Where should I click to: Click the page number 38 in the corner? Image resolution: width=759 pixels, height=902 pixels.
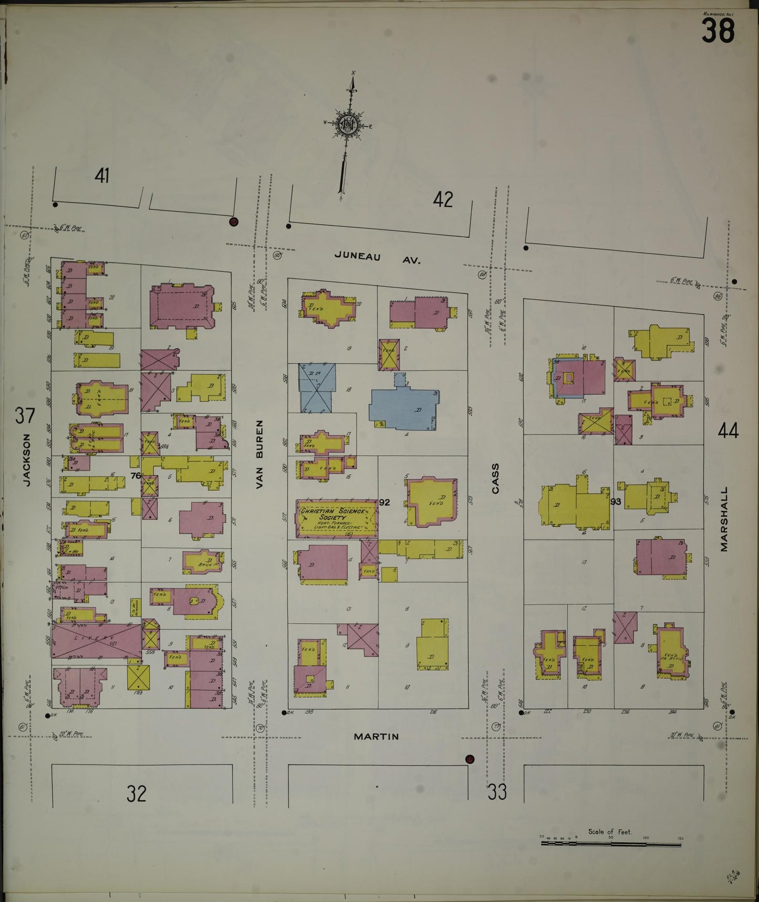(718, 30)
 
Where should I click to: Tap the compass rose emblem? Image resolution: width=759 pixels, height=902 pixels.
(348, 124)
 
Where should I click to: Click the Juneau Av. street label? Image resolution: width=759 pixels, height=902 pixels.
(378, 257)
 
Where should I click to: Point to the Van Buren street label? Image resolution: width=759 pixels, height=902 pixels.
(259, 455)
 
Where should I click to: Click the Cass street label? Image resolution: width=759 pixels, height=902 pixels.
(495, 478)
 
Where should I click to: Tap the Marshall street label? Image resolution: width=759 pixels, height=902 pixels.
(724, 519)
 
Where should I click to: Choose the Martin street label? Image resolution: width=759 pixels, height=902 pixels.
(376, 737)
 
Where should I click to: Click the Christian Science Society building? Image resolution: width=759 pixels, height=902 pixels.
(337, 518)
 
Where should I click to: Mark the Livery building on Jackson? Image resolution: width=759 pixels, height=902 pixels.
(96, 640)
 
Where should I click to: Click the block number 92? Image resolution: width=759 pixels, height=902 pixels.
(384, 502)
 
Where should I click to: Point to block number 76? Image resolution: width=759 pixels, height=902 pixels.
(136, 476)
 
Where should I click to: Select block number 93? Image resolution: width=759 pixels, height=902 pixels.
(616, 501)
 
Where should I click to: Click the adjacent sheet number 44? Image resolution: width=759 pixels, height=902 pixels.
(728, 431)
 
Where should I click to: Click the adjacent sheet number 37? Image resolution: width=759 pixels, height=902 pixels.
(25, 415)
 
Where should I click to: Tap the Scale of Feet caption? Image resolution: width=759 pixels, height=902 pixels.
(610, 832)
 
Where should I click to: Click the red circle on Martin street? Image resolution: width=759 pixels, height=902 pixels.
(470, 759)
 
